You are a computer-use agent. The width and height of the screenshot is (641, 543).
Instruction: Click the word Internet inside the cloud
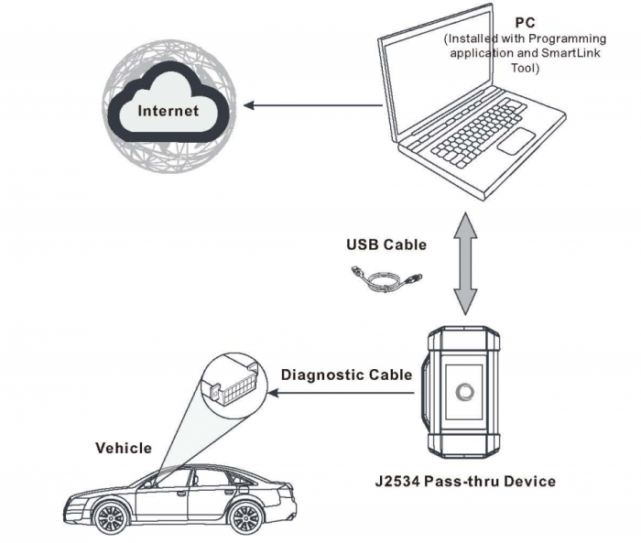pos(168,112)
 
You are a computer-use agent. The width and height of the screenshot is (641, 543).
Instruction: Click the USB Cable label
pos(386,244)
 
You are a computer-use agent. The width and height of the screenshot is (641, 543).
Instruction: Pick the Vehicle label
pos(124,448)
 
